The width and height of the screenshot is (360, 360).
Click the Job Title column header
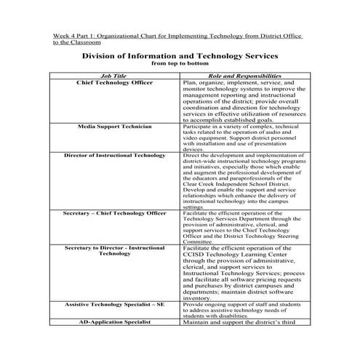coord(115,76)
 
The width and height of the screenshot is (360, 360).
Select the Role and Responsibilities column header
coord(244,76)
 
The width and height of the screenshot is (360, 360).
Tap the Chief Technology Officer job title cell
coord(115,83)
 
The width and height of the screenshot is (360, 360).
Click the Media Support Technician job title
coord(115,127)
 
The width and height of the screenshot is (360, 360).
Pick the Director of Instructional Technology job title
coord(115,155)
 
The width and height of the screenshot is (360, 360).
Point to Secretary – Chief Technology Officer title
coord(115,213)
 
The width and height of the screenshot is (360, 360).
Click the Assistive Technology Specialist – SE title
coord(115,304)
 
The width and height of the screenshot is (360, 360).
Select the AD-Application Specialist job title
coord(115,321)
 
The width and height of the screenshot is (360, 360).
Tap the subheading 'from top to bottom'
coord(179,63)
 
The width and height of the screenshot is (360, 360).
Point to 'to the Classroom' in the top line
coord(75,42)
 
